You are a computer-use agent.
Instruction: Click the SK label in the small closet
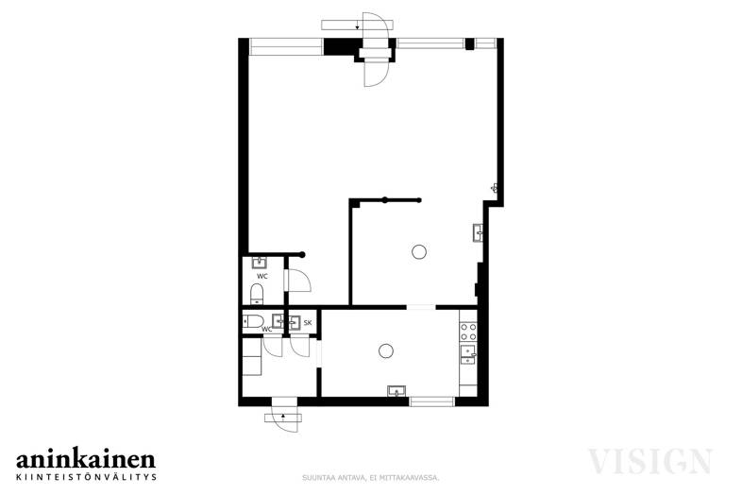[x=308, y=323]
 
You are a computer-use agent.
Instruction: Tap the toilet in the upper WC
[x=257, y=294]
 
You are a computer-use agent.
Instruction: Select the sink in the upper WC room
[x=259, y=263]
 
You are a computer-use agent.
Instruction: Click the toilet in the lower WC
[x=253, y=321]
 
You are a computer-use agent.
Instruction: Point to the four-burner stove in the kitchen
[x=468, y=332]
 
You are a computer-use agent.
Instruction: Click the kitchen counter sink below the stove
[x=468, y=354]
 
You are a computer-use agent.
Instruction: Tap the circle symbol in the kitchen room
[x=386, y=351]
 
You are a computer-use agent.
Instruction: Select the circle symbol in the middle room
[x=419, y=251]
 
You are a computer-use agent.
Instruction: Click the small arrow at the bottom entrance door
[x=283, y=417]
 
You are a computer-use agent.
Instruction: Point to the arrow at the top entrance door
[x=357, y=26]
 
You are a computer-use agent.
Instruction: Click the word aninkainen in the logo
[x=86, y=459]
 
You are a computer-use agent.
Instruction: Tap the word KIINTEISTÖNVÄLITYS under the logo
[x=86, y=477]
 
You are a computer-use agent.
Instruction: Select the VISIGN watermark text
[x=649, y=461]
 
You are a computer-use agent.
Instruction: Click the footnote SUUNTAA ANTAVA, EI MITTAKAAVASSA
[x=371, y=478]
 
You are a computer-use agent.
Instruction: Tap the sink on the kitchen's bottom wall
[x=396, y=391]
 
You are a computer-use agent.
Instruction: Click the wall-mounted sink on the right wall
[x=478, y=232]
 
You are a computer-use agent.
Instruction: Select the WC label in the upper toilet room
[x=262, y=276]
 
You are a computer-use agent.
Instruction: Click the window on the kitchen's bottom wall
[x=432, y=401]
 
